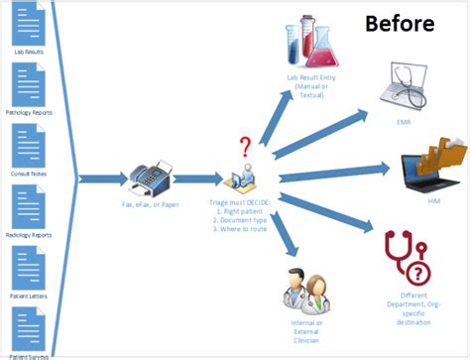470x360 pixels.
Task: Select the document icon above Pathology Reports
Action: pyautogui.click(x=28, y=83)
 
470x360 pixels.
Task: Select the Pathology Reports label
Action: pyautogui.click(x=28, y=112)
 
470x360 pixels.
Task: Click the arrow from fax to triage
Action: pyautogui.click(x=198, y=180)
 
